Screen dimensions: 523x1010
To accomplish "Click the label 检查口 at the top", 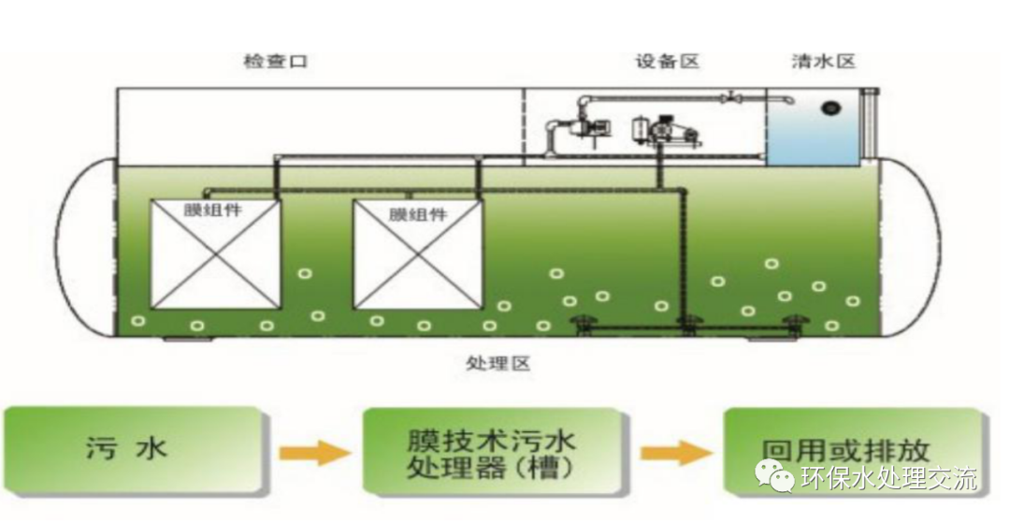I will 274,63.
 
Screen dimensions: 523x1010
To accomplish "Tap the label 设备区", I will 667,63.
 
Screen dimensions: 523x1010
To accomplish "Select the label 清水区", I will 823,63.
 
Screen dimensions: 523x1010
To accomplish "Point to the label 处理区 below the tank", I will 498,362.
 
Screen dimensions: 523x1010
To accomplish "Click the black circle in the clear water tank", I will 830,108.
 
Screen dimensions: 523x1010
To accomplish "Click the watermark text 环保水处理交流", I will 888,479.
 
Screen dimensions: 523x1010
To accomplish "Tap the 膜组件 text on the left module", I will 215,210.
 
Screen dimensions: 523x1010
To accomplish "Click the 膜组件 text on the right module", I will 417,214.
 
